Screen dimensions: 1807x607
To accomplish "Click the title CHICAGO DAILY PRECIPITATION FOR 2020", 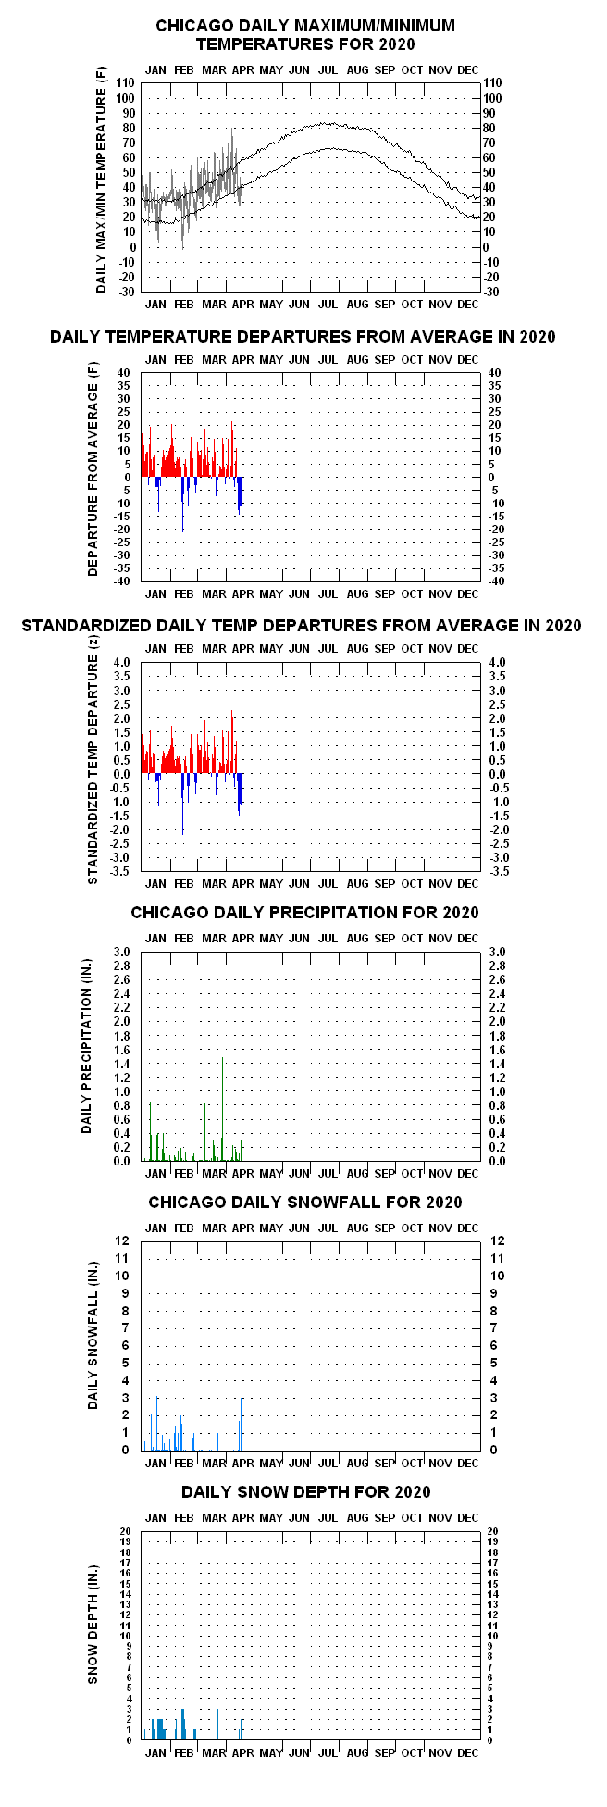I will click(304, 913).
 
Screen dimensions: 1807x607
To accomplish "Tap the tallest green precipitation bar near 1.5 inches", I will click(222, 1109).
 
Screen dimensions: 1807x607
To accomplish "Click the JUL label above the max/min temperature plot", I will click(328, 69).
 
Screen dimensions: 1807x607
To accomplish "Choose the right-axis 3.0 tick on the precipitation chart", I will click(495, 952).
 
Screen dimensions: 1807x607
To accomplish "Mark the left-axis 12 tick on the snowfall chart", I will click(124, 1240).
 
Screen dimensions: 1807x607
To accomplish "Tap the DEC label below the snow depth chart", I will click(467, 1752).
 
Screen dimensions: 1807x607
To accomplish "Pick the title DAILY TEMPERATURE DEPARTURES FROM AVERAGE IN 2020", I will click(303, 337).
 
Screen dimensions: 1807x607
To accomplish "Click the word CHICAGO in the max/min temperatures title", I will click(192, 26).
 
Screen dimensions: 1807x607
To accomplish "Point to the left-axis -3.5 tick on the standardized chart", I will click(121, 872).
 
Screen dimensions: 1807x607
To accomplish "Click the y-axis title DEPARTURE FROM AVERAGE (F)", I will click(93, 478).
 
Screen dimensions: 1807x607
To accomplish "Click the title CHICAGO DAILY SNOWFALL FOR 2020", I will click(304, 1203).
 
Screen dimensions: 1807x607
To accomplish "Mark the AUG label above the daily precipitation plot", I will click(357, 938).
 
